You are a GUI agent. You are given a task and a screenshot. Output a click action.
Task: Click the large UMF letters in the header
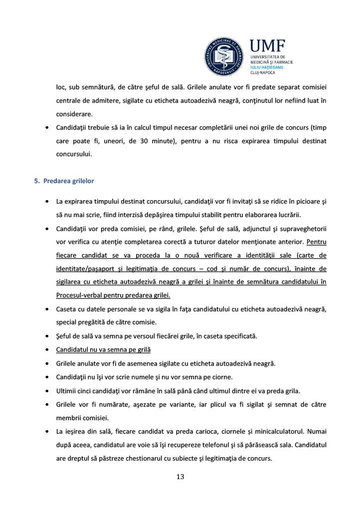[267, 47]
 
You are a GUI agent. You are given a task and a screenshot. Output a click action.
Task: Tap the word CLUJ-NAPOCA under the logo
[263, 72]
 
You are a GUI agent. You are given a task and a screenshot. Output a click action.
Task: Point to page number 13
[180, 477]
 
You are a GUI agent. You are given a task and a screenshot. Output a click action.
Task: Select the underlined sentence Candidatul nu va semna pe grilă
[103, 350]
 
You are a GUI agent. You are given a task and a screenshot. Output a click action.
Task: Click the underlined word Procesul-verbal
[79, 295]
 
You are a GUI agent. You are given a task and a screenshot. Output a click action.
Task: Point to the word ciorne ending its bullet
[223, 377]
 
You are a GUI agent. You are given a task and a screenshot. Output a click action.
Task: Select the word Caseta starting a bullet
[67, 309]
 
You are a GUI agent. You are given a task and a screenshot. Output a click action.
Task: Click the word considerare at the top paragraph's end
[74, 114]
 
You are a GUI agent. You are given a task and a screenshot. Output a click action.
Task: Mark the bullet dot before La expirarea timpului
[46, 202]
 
